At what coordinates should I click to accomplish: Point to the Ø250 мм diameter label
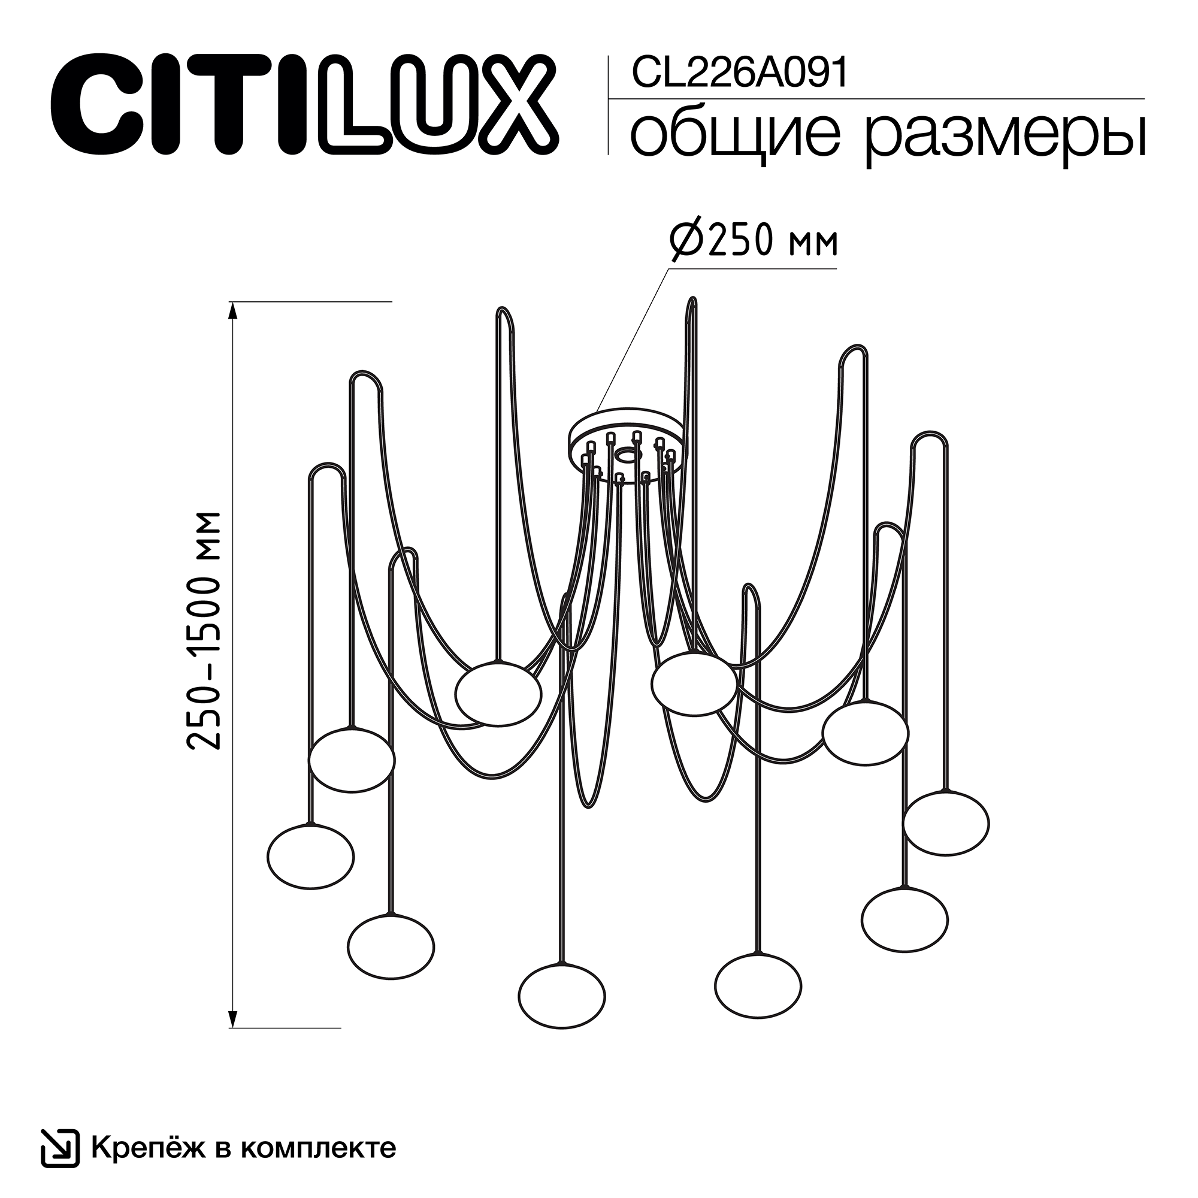[x=754, y=242]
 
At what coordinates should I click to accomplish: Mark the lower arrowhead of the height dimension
[x=233, y=1018]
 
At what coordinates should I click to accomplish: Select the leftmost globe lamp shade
[x=311, y=857]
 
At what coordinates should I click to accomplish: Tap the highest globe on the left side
[x=498, y=694]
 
